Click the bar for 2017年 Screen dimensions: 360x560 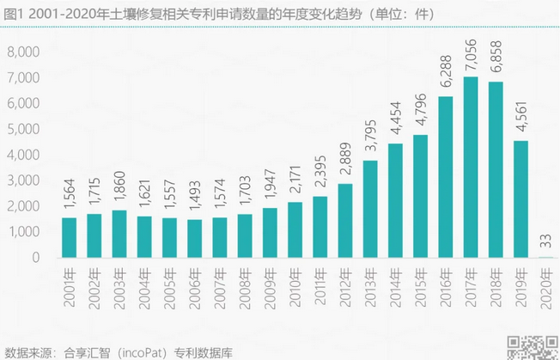pyautogui.click(x=471, y=168)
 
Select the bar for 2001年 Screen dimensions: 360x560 pyautogui.click(x=70, y=237)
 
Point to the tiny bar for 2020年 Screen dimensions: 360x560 pyautogui.click(x=545, y=257)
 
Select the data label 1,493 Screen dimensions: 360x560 pyautogui.click(x=195, y=200)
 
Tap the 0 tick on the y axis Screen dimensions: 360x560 pyautogui.click(x=36, y=258)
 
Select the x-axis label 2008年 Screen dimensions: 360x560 pyautogui.click(x=245, y=283)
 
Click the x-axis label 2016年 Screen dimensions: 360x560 pyautogui.click(x=445, y=283)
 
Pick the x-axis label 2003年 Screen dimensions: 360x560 pyautogui.click(x=120, y=283)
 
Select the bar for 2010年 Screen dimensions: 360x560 pyautogui.click(x=295, y=229)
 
